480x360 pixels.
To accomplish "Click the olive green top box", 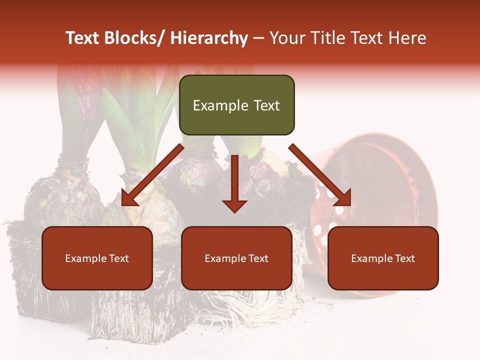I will (236, 105).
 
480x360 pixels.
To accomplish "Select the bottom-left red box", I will (97, 258).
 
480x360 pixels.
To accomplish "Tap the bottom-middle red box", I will (236, 258).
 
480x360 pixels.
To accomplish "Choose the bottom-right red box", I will (383, 258).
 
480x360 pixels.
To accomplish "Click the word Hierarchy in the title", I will (209, 38).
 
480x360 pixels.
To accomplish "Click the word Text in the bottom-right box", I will (404, 258).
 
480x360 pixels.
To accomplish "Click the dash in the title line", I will (258, 38).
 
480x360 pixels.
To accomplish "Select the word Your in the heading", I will (286, 38).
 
